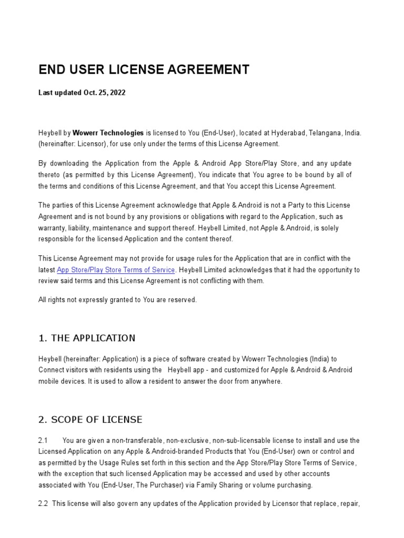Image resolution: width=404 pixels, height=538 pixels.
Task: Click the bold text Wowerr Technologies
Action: coord(108,133)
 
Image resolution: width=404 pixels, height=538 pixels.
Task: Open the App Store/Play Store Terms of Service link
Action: coord(116,270)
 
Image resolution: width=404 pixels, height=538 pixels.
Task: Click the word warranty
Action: coord(53,228)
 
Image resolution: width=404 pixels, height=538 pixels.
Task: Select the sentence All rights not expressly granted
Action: coord(117,299)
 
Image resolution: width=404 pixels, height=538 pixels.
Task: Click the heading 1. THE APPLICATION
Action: coord(87,338)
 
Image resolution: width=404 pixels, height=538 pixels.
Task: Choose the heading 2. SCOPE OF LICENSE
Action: coord(90,419)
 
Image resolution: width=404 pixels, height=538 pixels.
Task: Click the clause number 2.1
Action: coord(43,440)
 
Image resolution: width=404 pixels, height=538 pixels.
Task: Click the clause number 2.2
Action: coord(43,503)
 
